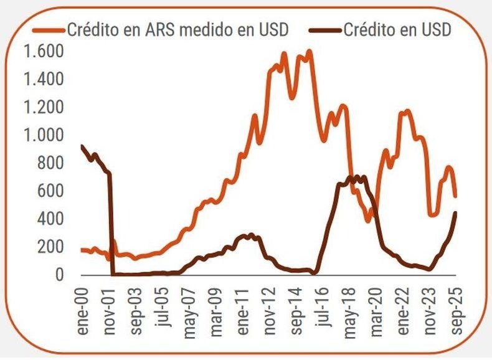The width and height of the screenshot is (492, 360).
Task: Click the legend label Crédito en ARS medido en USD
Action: coord(177,29)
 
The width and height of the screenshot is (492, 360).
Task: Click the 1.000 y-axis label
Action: coord(44,135)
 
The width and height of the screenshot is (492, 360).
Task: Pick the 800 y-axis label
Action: coord(50,163)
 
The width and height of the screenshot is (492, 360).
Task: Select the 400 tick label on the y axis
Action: coord(50,219)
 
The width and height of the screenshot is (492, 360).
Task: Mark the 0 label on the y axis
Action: coord(59,275)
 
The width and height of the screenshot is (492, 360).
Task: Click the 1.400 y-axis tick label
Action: coord(44,79)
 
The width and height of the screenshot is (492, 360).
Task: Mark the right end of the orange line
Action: coord(455,196)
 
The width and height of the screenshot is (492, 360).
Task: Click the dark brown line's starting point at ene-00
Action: coord(82,146)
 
